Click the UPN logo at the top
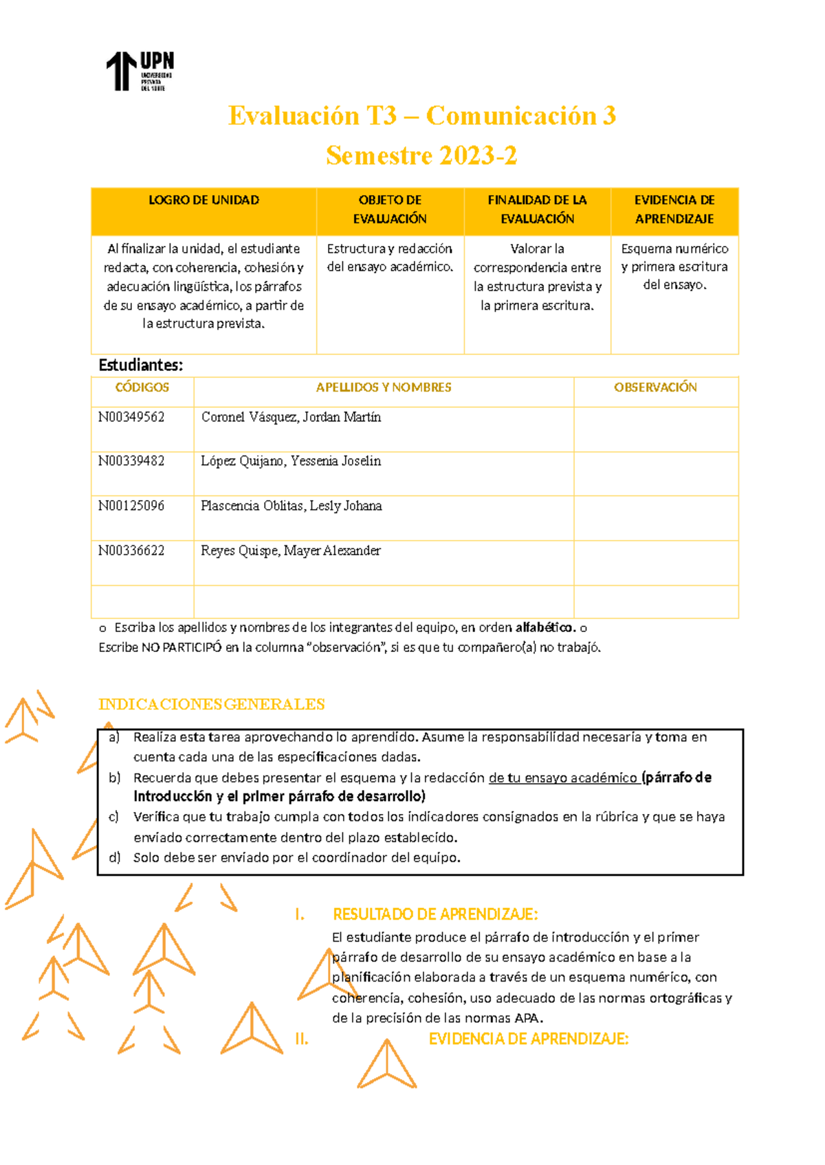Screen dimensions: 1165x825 pyautogui.click(x=140, y=71)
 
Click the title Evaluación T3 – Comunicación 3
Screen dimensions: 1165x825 pyautogui.click(x=421, y=115)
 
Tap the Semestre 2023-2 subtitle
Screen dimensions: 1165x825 pyautogui.click(x=421, y=155)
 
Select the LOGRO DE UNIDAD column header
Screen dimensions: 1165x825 pyautogui.click(x=203, y=200)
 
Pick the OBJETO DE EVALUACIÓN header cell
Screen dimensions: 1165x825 pyautogui.click(x=390, y=210)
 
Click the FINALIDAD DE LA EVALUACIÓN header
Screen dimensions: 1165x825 pyautogui.click(x=537, y=210)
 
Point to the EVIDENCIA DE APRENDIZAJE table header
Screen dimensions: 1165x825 pyautogui.click(x=674, y=210)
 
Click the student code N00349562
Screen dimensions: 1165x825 pyautogui.click(x=131, y=417)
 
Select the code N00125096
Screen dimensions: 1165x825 pyautogui.click(x=131, y=506)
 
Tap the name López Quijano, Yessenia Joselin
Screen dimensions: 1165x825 pyautogui.click(x=291, y=461)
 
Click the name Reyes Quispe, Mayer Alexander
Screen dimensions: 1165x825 pyautogui.click(x=291, y=550)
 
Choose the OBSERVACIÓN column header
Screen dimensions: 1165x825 pyautogui.click(x=655, y=387)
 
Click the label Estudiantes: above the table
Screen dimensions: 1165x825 pyautogui.click(x=141, y=365)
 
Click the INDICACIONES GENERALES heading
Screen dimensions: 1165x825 pyautogui.click(x=212, y=704)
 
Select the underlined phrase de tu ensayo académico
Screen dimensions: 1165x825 pyautogui.click(x=563, y=778)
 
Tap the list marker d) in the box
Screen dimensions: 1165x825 pyautogui.click(x=115, y=857)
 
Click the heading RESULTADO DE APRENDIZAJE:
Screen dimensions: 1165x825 pyautogui.click(x=435, y=914)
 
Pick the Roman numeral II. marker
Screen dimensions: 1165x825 pyautogui.click(x=301, y=1039)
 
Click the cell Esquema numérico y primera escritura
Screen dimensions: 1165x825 pyautogui.click(x=674, y=267)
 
